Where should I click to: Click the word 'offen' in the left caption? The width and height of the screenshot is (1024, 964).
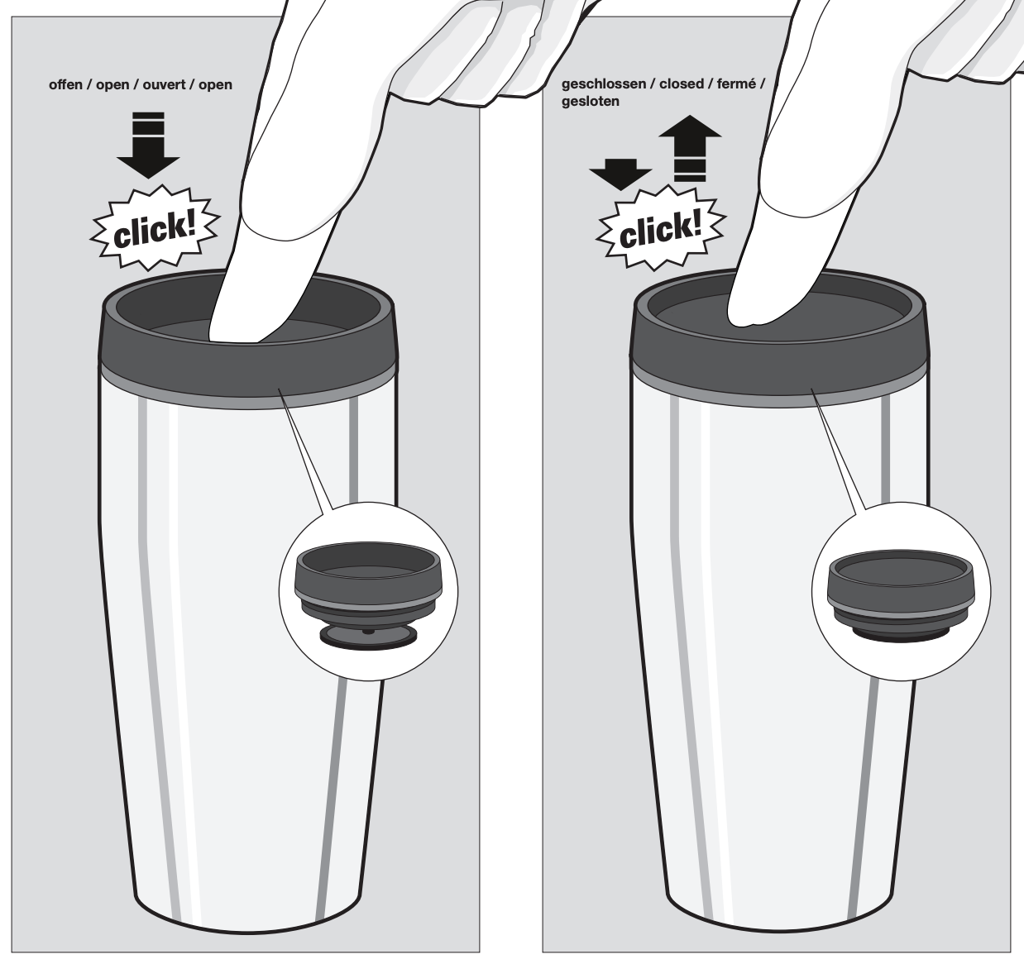65,84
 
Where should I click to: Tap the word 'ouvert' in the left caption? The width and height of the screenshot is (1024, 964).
163,84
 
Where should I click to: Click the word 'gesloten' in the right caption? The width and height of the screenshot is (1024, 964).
591,102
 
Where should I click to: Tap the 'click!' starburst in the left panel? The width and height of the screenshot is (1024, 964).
155,228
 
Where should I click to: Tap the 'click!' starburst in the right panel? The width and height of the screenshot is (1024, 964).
661,228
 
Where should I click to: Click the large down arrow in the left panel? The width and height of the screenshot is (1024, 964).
148,146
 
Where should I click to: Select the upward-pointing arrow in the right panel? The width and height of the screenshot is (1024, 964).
690,149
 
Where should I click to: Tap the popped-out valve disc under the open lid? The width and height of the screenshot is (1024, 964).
368,637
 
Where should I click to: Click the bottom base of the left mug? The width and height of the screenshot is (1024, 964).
247,923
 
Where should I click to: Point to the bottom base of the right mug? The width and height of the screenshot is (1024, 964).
778,923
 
